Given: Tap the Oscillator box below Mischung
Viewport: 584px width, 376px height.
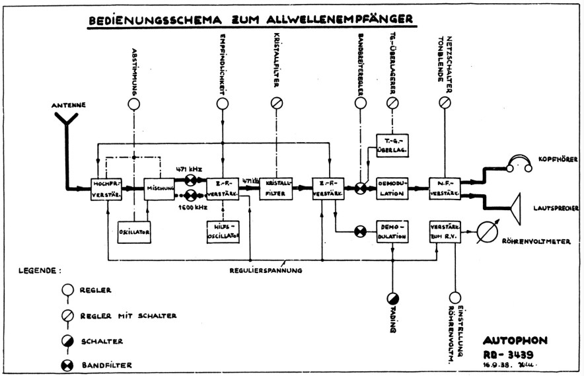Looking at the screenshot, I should click(135, 231).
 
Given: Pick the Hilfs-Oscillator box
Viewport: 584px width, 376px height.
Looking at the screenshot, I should click(222, 231).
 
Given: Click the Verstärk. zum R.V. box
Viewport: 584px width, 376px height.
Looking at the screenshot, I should click(444, 231).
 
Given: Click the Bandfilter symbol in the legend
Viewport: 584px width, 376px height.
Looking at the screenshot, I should click(66, 364).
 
